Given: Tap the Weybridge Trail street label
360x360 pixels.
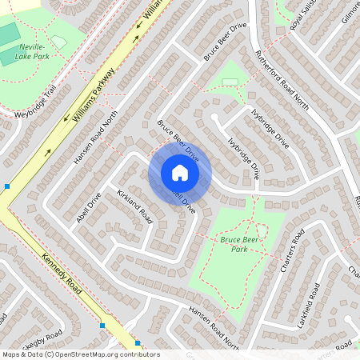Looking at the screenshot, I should tap(36, 102).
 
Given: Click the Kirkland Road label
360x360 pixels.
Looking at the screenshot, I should tap(134, 206).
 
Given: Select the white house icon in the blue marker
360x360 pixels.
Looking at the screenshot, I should tap(180, 173).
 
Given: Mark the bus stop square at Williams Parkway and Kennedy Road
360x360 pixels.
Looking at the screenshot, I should tap(7, 186).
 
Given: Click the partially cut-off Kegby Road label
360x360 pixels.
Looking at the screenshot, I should tap(32, 344).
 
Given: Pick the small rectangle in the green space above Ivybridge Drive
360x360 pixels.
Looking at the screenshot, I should tap(230, 82).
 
